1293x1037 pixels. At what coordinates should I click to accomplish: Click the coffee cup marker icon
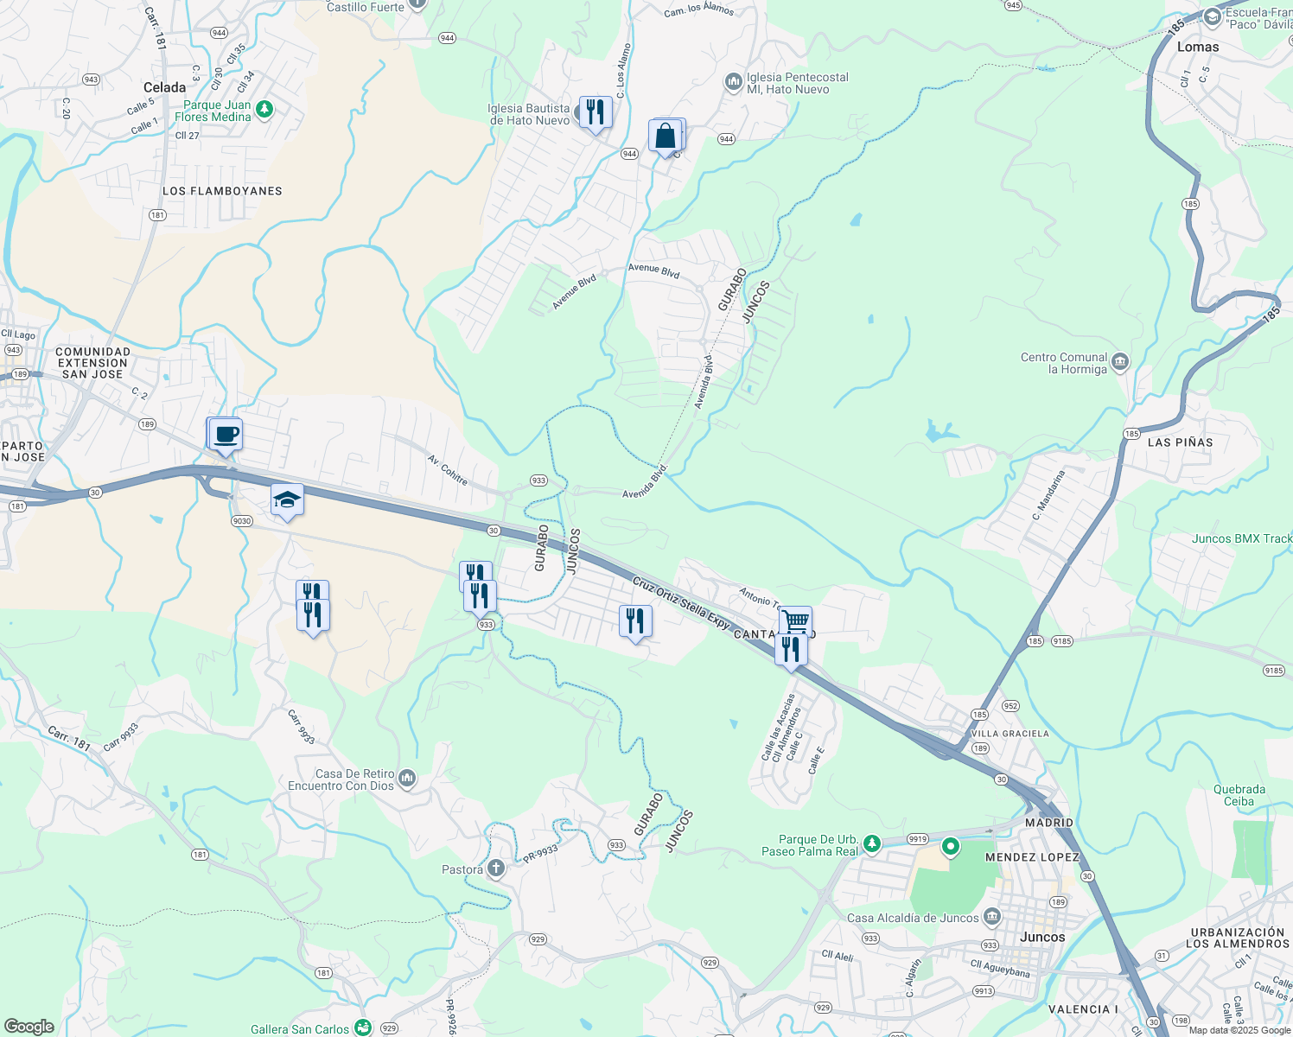click(x=226, y=435)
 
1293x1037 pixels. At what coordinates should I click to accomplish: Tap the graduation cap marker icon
click(x=287, y=500)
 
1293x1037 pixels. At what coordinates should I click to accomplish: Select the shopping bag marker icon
click(x=666, y=137)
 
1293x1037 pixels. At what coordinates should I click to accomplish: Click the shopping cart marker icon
click(x=795, y=620)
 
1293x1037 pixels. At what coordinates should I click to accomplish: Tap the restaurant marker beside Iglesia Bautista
click(x=596, y=112)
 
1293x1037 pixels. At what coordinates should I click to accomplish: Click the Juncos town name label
click(x=1042, y=937)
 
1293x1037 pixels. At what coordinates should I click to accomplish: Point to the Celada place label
click(x=164, y=87)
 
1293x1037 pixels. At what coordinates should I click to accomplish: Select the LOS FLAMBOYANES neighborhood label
click(x=222, y=191)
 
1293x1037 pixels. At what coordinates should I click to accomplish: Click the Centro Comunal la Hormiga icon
click(x=1120, y=362)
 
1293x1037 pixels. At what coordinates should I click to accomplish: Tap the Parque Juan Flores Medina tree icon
click(x=264, y=110)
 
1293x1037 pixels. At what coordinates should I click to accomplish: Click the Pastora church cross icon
click(x=496, y=868)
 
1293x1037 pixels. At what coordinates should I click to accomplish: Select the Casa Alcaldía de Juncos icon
click(x=992, y=917)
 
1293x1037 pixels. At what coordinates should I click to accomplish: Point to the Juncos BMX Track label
click(x=1241, y=538)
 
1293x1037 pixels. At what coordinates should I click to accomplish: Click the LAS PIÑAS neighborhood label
click(x=1180, y=442)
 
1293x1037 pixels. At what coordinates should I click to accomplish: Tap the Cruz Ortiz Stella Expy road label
click(x=681, y=602)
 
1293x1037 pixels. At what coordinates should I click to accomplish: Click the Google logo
click(x=29, y=1026)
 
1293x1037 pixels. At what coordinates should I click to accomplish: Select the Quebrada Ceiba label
click(x=1239, y=795)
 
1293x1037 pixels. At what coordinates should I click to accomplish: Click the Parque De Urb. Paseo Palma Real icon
click(x=872, y=843)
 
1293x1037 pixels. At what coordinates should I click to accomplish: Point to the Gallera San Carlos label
click(x=300, y=1029)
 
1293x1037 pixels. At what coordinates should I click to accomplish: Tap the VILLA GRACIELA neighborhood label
click(x=1010, y=734)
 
